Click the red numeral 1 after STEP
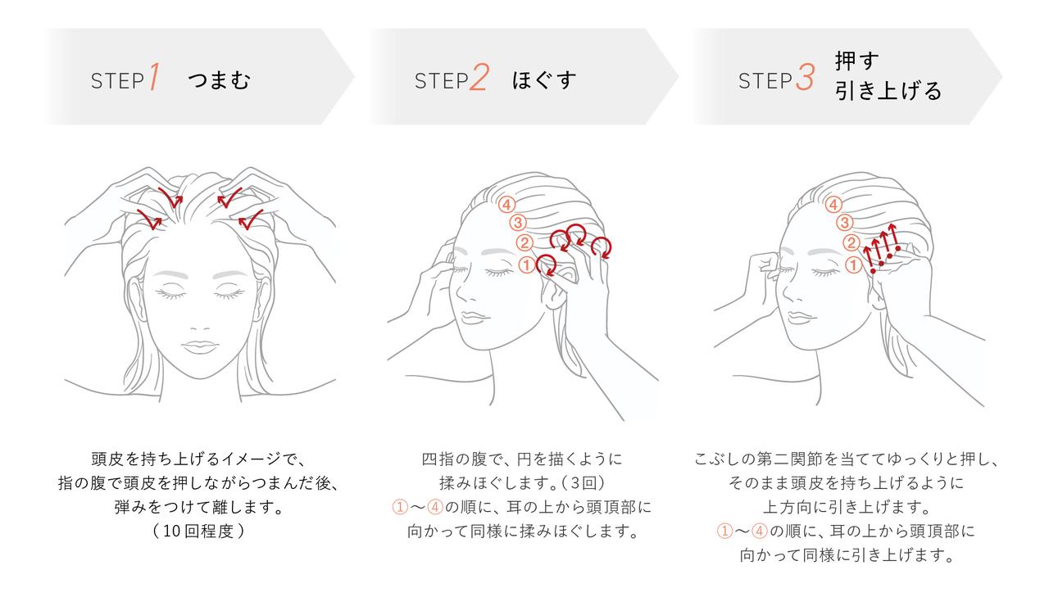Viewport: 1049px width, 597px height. coord(153,79)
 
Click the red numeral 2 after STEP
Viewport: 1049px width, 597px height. coord(479,79)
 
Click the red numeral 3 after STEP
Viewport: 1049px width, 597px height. coord(805,79)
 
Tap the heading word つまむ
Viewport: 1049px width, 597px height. coord(218,80)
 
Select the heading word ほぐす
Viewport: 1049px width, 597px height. coord(544,80)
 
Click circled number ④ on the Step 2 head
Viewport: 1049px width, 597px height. coord(507,205)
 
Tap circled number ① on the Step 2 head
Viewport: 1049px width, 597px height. coord(526,265)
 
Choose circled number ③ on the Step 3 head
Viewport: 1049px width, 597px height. coord(843,223)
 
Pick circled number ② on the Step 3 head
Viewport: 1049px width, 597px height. coord(851,242)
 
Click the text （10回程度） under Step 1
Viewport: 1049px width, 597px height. coord(199,531)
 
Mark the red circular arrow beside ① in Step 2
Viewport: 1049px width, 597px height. coord(547,265)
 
